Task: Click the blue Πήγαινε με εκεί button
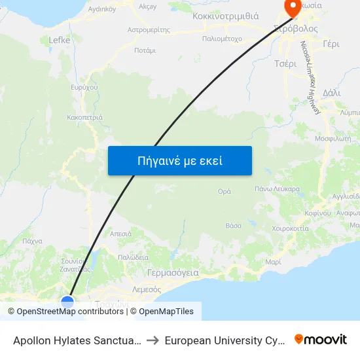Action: (179, 160)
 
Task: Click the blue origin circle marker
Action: (67, 302)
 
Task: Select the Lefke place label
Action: (60, 40)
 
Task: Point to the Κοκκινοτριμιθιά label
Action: (226, 16)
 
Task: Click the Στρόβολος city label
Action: (297, 29)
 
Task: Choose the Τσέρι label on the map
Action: (285, 63)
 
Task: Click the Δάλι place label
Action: (332, 93)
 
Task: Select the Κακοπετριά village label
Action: (84, 118)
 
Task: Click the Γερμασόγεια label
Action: (173, 273)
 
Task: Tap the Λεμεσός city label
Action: (147, 289)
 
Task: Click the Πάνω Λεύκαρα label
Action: (277, 189)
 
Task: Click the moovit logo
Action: (321, 340)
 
